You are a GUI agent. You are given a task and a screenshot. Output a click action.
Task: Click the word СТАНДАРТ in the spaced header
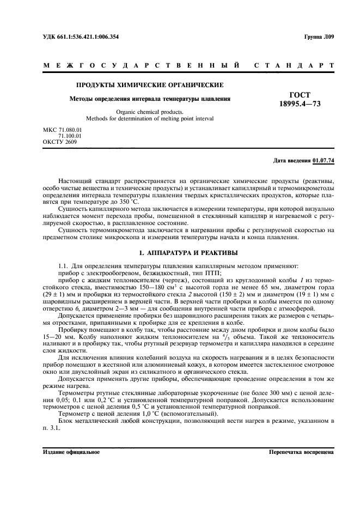(x=294, y=66)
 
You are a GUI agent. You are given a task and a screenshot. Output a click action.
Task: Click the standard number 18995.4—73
(x=300, y=104)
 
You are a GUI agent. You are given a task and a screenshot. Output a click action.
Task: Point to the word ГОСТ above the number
(x=300, y=95)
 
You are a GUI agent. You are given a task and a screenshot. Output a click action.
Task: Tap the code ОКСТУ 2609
(x=59, y=142)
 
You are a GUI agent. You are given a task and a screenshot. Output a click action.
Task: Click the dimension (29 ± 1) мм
(x=57, y=287)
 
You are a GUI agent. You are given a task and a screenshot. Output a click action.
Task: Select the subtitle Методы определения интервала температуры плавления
(x=149, y=99)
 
